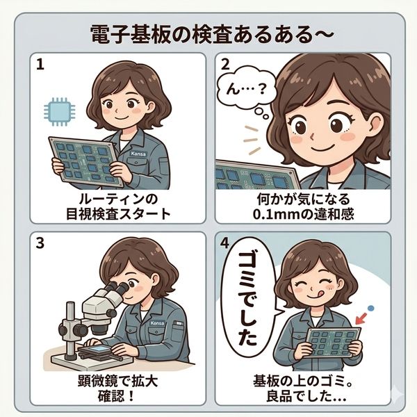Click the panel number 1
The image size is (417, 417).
click(40, 65)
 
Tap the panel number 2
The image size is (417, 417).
click(225, 65)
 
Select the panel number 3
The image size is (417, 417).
click(40, 243)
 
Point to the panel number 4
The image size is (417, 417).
click(225, 243)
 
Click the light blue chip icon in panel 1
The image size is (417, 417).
click(59, 112)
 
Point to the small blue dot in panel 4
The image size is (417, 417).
click(370, 309)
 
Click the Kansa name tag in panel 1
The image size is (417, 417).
click(138, 154)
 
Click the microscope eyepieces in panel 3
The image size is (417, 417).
click(117, 288)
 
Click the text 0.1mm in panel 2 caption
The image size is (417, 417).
click(277, 214)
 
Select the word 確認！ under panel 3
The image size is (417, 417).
click(115, 396)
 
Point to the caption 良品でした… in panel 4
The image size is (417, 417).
click(306, 397)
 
